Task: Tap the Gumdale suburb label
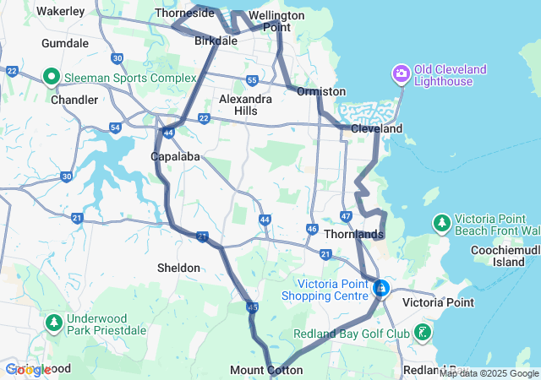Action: pos(65,42)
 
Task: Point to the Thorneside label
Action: pos(183,14)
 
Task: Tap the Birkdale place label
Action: pos(216,40)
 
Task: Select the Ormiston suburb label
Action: pos(321,91)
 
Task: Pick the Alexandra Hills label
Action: pos(245,105)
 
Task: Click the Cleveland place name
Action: pos(377,129)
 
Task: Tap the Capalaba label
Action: pos(175,157)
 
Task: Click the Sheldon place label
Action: pos(179,268)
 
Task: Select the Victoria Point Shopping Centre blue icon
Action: pos(381,290)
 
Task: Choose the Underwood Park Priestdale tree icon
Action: pos(54,323)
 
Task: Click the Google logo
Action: pos(27,369)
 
